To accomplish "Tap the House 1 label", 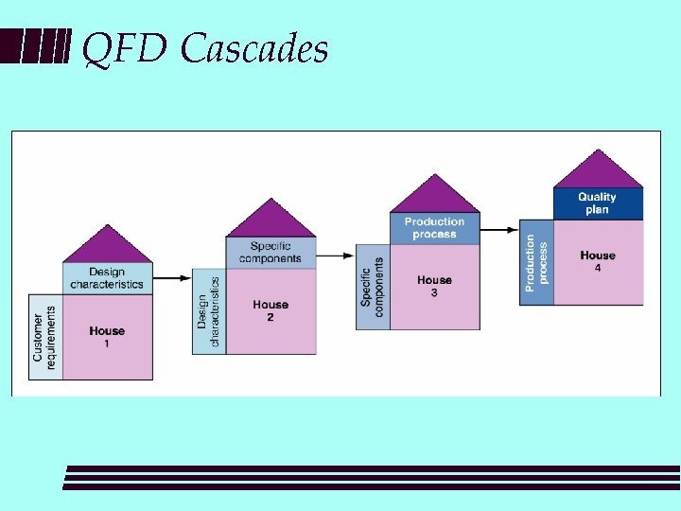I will click(107, 336).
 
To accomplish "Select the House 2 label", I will click(271, 310).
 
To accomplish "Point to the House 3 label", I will click(434, 285).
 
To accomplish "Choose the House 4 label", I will click(598, 260).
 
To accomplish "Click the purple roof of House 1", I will click(108, 248).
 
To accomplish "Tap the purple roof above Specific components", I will click(271, 222).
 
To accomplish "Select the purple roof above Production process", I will click(434, 198).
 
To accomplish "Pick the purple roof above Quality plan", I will click(598, 172).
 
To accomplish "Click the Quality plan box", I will click(598, 203).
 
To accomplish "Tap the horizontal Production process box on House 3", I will click(434, 228).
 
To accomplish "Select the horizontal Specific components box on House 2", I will click(271, 253).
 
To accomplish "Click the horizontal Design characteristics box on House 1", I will click(107, 278).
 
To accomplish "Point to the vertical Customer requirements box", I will click(45, 337).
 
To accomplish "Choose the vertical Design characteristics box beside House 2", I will click(209, 311).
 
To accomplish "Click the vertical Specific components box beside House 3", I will click(373, 286).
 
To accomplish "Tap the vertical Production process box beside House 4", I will click(536, 262).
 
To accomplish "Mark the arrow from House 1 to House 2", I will click(172, 278).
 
